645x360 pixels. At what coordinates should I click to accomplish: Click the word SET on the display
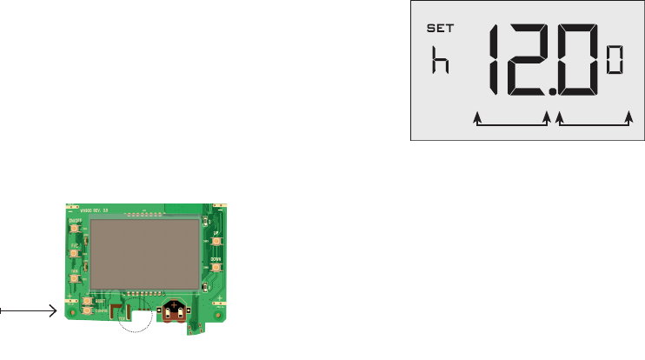[x=442, y=29]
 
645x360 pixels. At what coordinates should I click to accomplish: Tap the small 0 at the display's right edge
[x=615, y=62]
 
